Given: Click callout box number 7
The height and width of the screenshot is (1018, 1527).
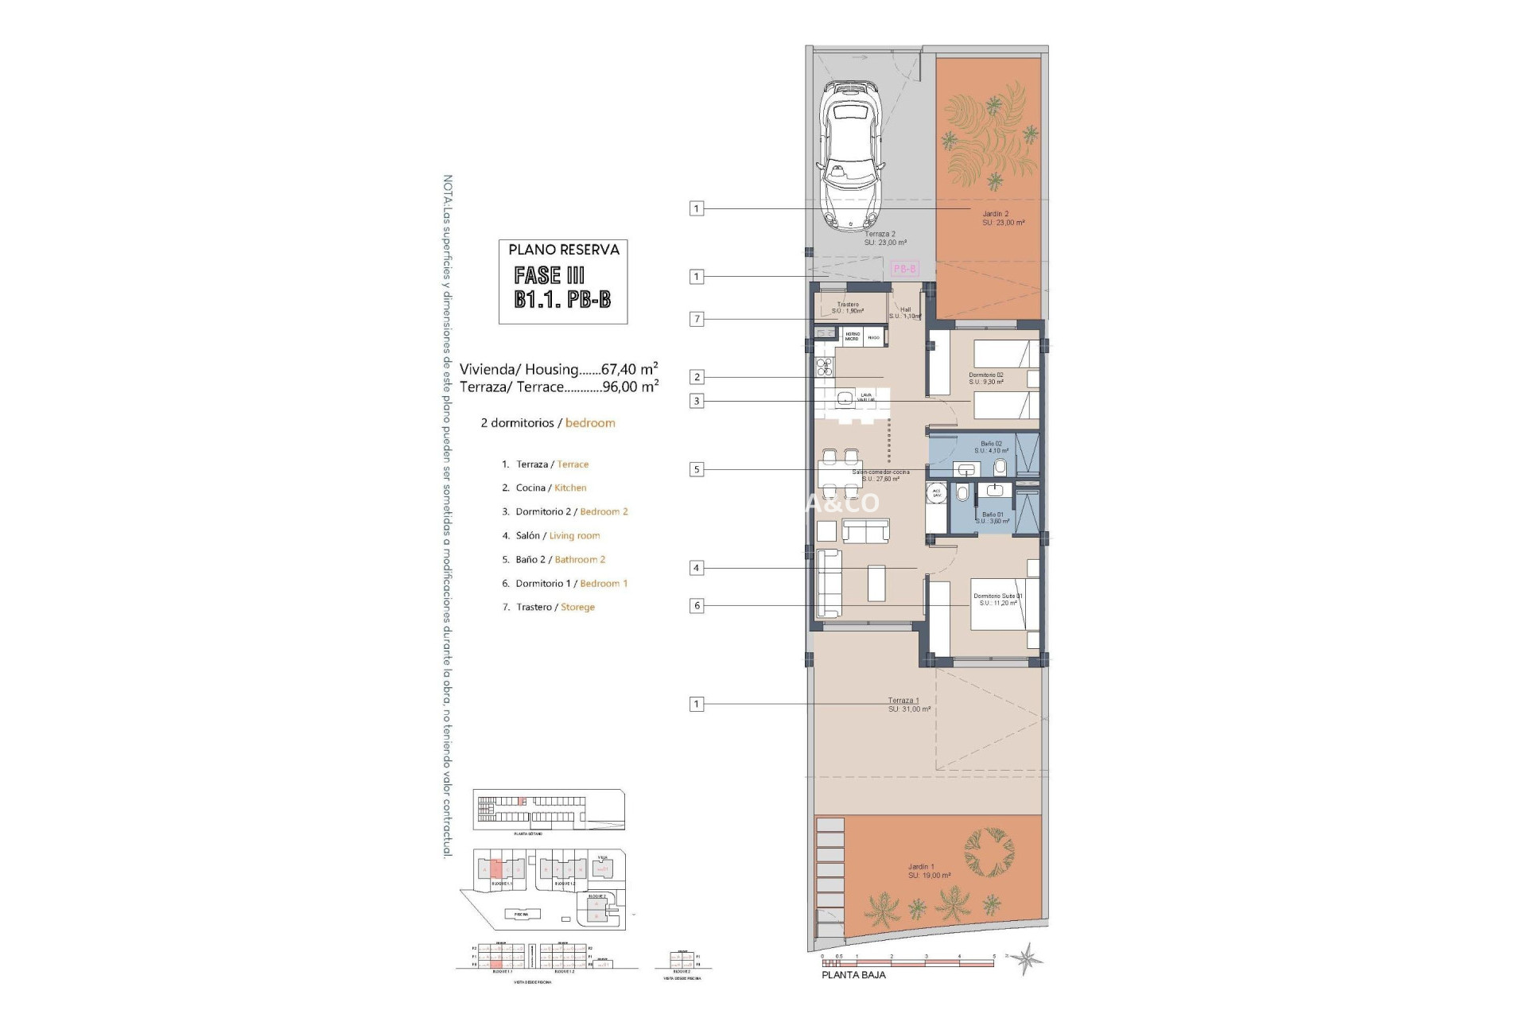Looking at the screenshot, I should point(697,319).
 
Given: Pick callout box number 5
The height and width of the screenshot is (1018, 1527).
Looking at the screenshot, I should point(697,469).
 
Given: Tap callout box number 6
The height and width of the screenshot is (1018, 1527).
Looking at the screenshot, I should point(697,605).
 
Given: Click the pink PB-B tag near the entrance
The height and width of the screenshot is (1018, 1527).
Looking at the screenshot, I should point(904,269).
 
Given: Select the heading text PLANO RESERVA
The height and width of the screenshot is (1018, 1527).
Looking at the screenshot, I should point(563,250).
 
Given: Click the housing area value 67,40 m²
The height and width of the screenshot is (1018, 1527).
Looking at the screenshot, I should point(629,369).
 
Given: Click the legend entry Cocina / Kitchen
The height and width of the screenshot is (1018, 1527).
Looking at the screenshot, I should point(550,488).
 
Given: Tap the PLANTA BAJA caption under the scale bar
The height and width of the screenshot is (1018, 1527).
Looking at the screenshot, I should point(853,974).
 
